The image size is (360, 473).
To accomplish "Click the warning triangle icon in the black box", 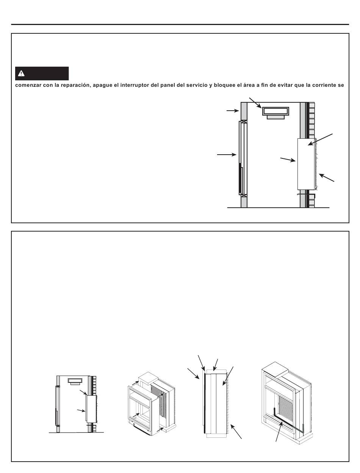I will [x=22, y=74].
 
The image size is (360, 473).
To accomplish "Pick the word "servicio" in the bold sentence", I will [x=196, y=85].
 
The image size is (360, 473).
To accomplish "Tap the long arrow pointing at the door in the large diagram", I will [x=227, y=154].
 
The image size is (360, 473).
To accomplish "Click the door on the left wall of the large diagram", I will [x=243, y=157].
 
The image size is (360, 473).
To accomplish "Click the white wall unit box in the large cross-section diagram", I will [x=306, y=164].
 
